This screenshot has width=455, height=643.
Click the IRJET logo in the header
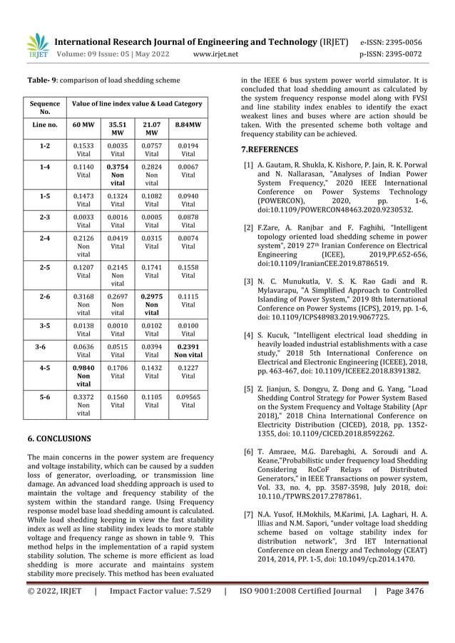[36, 43]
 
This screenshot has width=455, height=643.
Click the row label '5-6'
[45, 398]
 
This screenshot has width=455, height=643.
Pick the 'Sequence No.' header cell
[45, 107]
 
